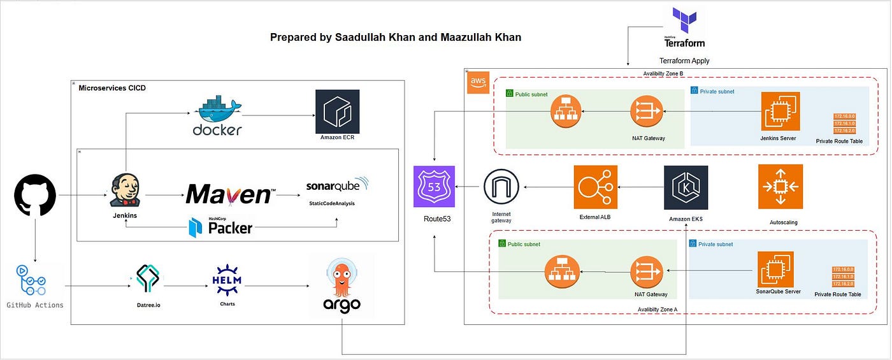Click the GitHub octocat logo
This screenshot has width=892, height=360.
tap(35, 195)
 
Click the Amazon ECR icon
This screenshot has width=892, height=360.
tap(337, 111)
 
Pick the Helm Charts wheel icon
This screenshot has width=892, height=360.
tap(227, 281)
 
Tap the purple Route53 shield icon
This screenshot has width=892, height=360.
tap(434, 186)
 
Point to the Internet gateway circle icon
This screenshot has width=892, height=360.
tap(502, 189)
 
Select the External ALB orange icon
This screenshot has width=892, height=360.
tap(595, 187)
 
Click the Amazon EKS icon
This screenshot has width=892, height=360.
tap(686, 187)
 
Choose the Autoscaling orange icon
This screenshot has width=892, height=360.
tap(780, 187)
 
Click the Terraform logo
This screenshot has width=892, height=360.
tap(684, 27)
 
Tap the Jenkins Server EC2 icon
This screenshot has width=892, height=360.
tap(780, 112)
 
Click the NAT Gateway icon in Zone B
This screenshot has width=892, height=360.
tap(647, 112)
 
